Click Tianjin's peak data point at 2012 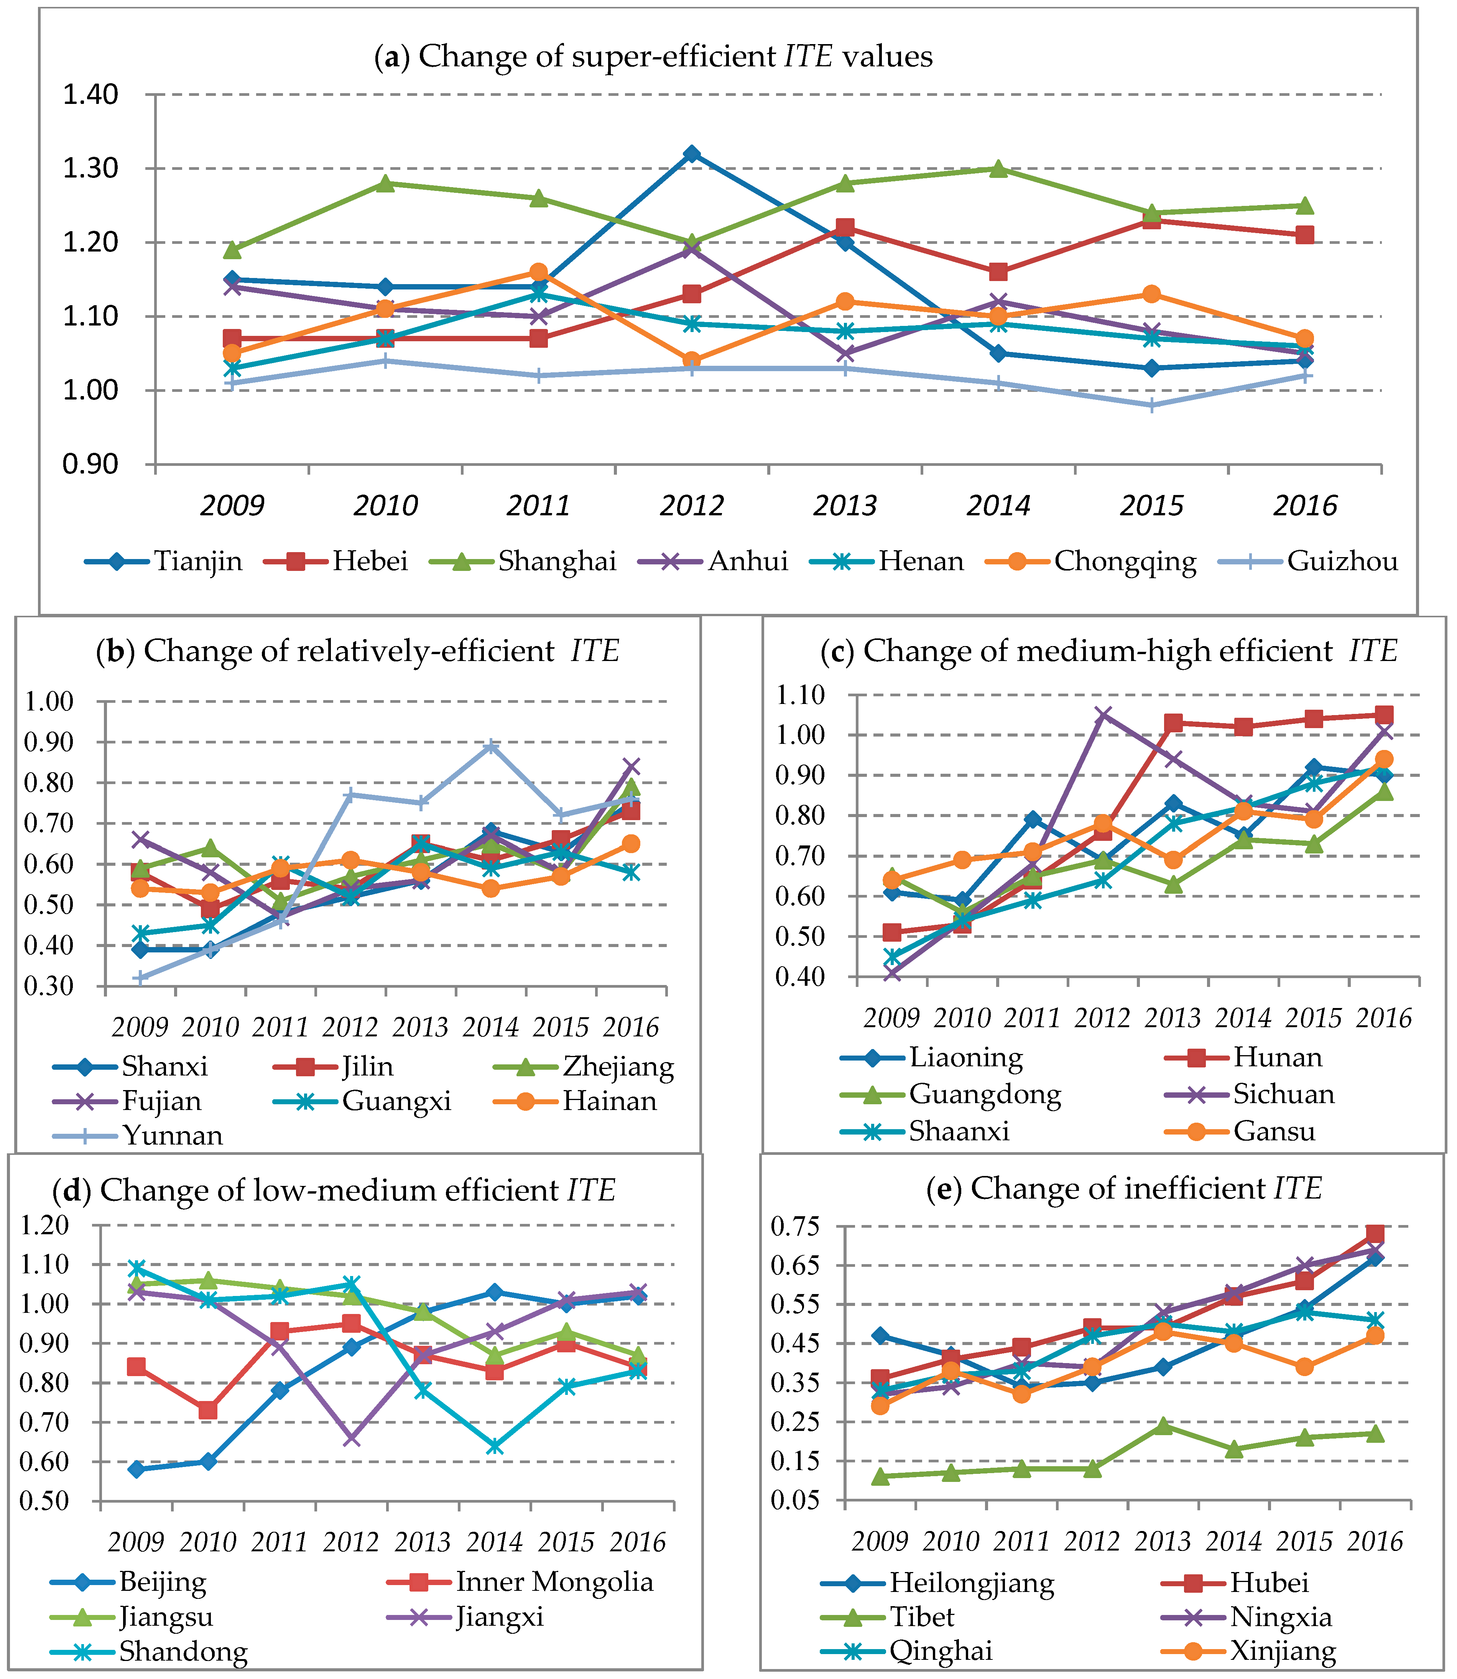tap(692, 154)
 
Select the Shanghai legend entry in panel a tap(557, 561)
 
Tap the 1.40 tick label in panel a tap(91, 94)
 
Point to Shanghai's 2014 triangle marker tap(999, 168)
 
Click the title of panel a tap(653, 56)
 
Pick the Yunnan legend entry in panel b tap(173, 1135)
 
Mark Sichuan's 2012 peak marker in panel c tap(1103, 715)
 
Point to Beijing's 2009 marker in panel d tap(136, 1469)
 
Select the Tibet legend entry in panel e tap(921, 1617)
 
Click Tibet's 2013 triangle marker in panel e tap(1163, 1425)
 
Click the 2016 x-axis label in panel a tap(1305, 506)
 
